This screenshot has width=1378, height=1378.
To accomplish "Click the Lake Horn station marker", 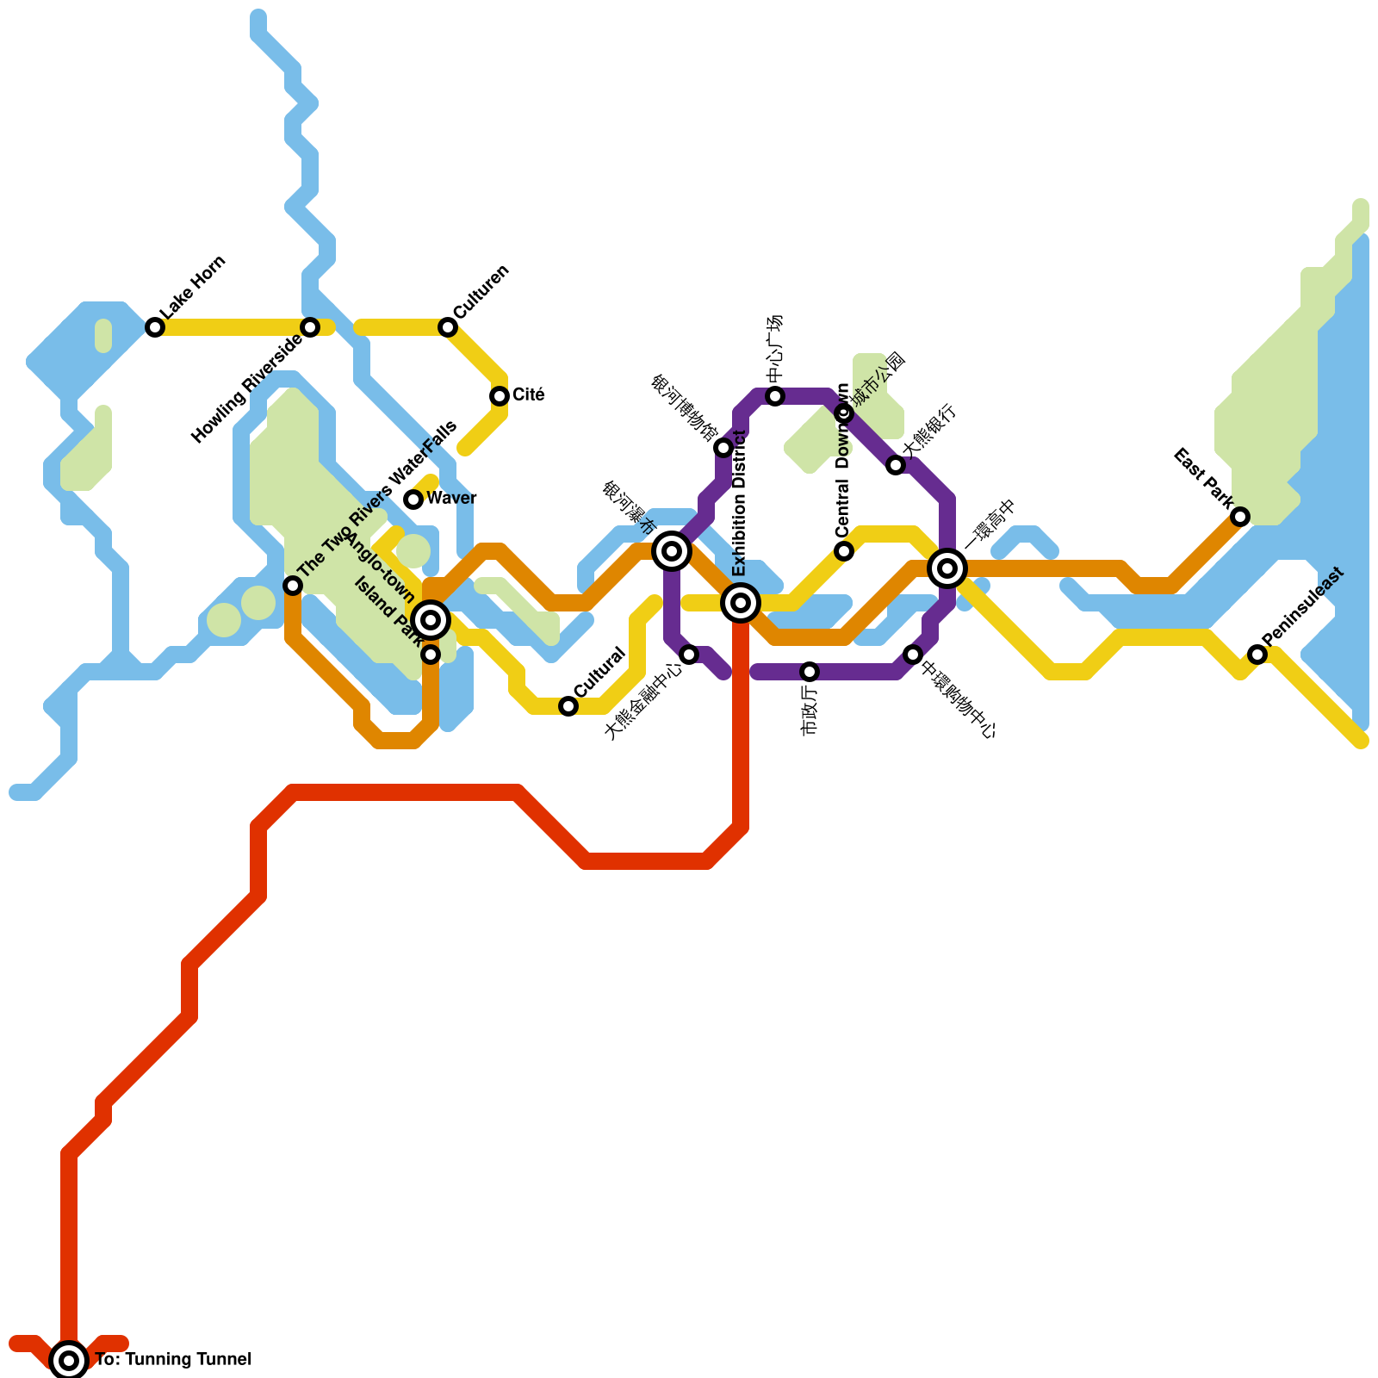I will [155, 327].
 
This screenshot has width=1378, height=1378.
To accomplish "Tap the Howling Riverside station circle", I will [310, 327].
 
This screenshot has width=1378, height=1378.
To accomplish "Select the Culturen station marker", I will [448, 327].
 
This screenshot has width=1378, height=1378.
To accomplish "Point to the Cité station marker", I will [500, 396].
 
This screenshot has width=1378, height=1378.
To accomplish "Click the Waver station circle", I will [413, 500].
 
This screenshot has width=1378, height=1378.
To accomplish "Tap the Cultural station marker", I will [568, 706].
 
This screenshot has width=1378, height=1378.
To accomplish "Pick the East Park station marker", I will [1240, 517].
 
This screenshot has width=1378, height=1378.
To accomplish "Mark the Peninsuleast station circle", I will [1257, 655].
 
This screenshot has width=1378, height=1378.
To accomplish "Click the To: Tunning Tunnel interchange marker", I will [69, 1361].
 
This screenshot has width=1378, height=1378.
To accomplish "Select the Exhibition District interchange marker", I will [741, 603].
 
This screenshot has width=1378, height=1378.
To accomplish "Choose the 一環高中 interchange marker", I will [947, 568].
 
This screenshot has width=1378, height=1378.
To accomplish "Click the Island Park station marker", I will [431, 655].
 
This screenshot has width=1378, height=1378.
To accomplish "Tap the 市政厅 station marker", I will [810, 672].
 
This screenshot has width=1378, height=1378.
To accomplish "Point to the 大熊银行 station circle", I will [896, 465].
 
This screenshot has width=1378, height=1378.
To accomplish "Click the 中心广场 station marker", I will [775, 396].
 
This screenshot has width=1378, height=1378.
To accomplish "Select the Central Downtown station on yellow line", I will [844, 551].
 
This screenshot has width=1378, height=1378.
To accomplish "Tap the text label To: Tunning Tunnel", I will [173, 1360].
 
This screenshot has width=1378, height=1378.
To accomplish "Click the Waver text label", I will [451, 499].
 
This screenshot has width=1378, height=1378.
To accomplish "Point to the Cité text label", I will [529, 395].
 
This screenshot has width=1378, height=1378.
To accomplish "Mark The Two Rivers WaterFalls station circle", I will [293, 586].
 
